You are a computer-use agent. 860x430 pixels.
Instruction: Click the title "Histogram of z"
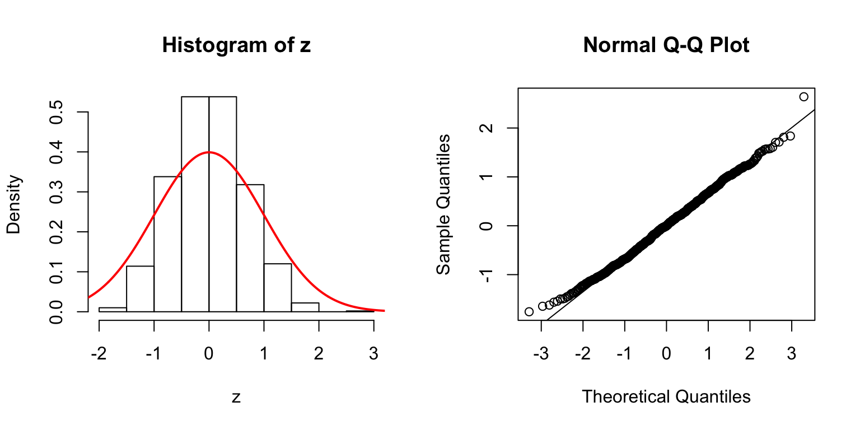tap(236, 45)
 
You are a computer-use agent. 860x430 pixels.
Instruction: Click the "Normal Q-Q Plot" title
tap(666, 45)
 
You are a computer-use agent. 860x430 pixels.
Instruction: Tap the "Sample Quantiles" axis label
tap(443, 204)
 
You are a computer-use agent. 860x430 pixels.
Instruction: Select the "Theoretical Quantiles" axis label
tap(666, 396)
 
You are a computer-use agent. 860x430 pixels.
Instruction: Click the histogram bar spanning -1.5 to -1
tap(140, 289)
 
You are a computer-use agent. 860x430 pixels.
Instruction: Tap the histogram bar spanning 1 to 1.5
tap(277, 288)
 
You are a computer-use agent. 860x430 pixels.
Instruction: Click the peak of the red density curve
tap(209, 152)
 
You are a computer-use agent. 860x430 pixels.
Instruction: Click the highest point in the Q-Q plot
tap(804, 97)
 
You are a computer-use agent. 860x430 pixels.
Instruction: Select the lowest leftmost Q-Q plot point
tap(529, 311)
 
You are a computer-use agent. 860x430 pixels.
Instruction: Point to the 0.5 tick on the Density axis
tap(58, 112)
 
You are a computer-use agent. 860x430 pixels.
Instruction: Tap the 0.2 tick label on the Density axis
tap(58, 232)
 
